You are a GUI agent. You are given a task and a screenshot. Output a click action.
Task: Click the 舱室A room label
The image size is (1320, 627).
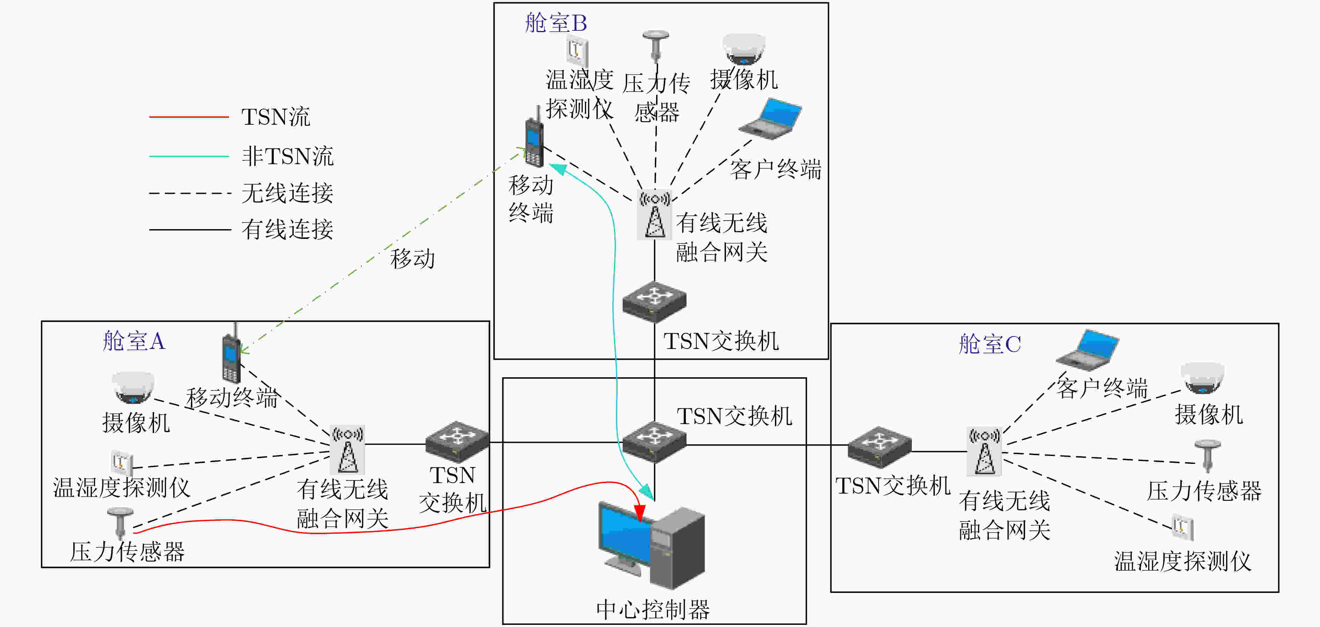(x=134, y=341)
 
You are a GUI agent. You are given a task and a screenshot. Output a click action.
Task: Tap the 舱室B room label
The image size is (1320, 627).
(x=556, y=23)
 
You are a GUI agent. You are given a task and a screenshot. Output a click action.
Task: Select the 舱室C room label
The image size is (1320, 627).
(x=990, y=344)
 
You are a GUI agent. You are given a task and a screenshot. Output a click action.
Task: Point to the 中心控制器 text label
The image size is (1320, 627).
(x=653, y=610)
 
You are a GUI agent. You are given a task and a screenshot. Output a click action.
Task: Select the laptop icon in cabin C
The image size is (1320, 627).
(x=1087, y=350)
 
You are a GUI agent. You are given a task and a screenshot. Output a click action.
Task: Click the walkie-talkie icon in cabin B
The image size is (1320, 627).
(x=534, y=136)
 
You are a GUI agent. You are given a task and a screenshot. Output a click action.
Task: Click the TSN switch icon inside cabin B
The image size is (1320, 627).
(x=654, y=302)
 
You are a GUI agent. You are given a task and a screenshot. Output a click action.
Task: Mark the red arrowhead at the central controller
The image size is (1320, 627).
(x=639, y=512)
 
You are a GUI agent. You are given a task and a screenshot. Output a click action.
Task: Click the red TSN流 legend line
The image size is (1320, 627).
(x=189, y=117)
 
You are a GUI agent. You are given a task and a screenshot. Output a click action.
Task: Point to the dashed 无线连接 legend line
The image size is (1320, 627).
(x=190, y=193)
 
